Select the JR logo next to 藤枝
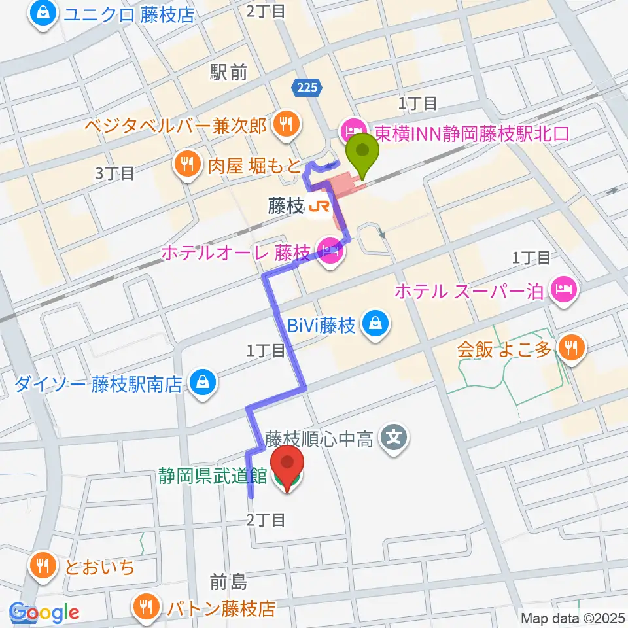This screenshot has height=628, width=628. coord(319,207)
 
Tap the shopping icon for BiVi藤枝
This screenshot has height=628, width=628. coord(376,324)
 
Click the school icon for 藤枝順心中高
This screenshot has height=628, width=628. coord(394,436)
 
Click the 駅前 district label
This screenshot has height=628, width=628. coord(229,72)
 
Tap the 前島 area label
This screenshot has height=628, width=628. coord(228,581)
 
